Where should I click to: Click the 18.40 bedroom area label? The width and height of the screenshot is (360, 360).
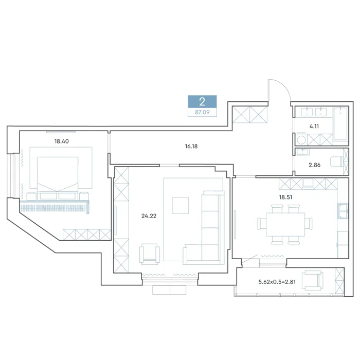coord(62,141)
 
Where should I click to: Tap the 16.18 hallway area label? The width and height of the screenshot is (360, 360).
coord(191,146)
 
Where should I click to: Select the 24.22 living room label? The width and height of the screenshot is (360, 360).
coord(149,216)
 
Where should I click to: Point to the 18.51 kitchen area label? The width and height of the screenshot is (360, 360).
coord(285,197)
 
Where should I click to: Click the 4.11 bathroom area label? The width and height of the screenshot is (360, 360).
coord(314,127)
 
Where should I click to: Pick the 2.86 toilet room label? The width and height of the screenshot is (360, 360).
coord(315,165)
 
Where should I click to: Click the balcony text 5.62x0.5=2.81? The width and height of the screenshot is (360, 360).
coord(277,282)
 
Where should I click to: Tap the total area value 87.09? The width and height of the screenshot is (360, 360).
coord(202,113)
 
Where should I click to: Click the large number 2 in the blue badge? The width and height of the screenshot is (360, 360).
coord(202,102)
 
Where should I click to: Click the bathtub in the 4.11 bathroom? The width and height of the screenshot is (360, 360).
coord(340,123)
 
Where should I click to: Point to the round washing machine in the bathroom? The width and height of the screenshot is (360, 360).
coord(301,139)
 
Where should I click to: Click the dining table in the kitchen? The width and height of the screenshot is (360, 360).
coord(285,225)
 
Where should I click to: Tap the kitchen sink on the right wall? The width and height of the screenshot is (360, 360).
coord(343,210)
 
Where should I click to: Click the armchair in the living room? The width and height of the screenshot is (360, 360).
coord(150,254)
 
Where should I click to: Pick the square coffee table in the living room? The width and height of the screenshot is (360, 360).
coord(181,206)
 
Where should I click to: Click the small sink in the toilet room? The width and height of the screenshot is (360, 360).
coord(303,152)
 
